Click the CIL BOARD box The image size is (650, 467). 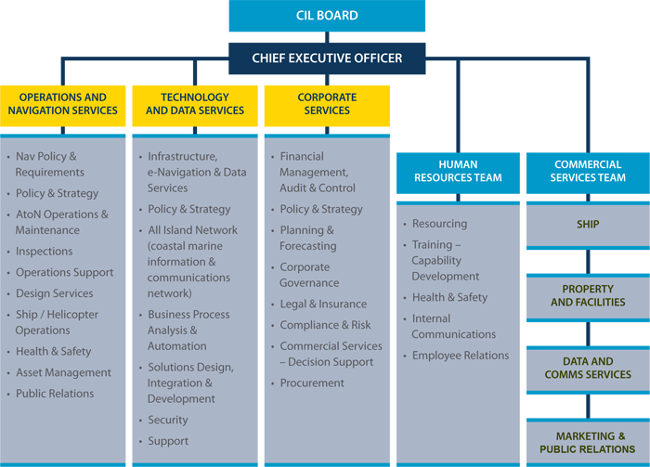point(327,16)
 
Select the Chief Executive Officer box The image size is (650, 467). point(327,58)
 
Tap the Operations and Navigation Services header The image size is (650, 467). point(62,106)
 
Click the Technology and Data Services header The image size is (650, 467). point(195,106)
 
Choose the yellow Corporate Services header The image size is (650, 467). point(327,106)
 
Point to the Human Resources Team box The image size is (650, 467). point(458,174)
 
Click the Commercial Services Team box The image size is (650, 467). point(588,174)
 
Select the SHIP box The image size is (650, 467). point(588,226)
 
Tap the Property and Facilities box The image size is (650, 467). point(588,297)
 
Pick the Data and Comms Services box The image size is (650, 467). point(588,370)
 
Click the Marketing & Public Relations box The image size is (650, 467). point(588,443)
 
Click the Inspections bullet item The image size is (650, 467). point(44,252)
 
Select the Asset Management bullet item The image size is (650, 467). point(63,373)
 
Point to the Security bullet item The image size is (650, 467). point(168,421)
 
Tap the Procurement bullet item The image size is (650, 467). point(312,383)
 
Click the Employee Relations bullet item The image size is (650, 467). point(461,356)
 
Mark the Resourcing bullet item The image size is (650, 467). point(439,224)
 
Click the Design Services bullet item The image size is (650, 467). point(54,293)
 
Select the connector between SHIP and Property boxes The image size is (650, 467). point(588,262)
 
